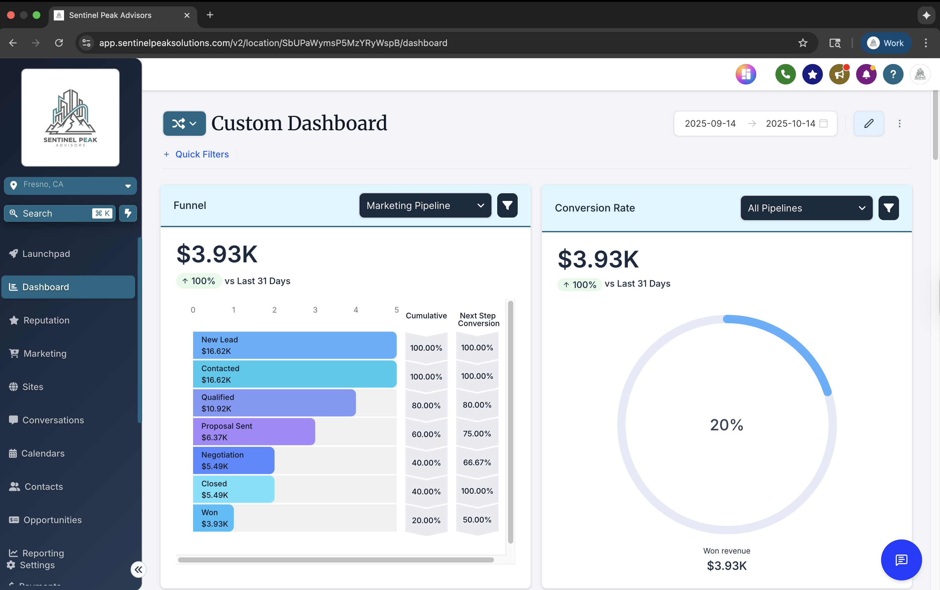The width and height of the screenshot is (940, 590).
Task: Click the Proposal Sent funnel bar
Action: [254, 432]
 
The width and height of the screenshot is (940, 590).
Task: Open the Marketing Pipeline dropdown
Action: [425, 206]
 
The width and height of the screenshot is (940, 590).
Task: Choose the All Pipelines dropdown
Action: [806, 208]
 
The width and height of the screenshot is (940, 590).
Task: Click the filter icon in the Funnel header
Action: [507, 206]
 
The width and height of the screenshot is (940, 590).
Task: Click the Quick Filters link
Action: [201, 155]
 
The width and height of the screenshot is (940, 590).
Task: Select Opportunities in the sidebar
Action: [52, 520]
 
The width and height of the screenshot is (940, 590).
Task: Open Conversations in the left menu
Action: [53, 420]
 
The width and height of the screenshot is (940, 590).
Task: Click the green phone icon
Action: [785, 74]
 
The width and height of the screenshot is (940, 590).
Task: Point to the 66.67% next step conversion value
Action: [477, 462]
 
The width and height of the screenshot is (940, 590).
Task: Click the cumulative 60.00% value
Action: [426, 434]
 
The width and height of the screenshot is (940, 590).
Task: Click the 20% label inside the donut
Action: [726, 425]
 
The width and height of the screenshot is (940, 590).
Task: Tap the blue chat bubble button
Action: [901, 560]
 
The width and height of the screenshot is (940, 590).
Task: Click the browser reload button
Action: [59, 43]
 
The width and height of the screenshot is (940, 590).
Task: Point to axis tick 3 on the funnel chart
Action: [315, 310]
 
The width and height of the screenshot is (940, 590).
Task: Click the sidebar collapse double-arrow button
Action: [138, 570]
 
